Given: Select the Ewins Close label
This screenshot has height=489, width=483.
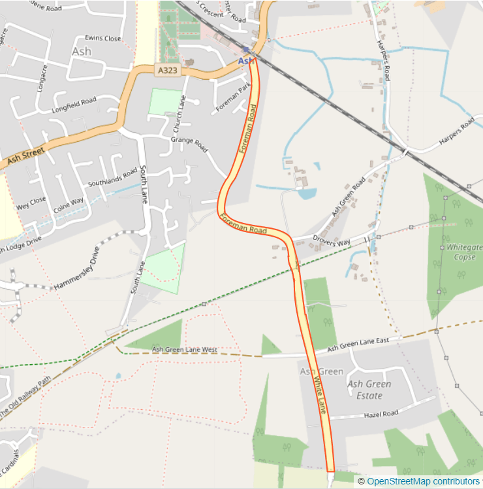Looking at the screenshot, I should pos(102,39).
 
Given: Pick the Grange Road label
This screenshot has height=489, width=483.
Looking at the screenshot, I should pos(188,139).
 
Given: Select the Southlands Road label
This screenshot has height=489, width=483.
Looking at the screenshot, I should pos(114,176).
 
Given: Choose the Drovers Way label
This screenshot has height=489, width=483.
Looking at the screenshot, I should pos(332,241).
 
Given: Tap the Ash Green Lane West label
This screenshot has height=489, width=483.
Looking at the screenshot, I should pos(184,350).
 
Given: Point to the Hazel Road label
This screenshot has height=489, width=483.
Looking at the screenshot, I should pos(381,414).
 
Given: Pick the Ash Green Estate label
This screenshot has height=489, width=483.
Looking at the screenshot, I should pos(369,390).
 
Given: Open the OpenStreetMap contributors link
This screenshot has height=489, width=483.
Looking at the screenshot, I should pos(422,481).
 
